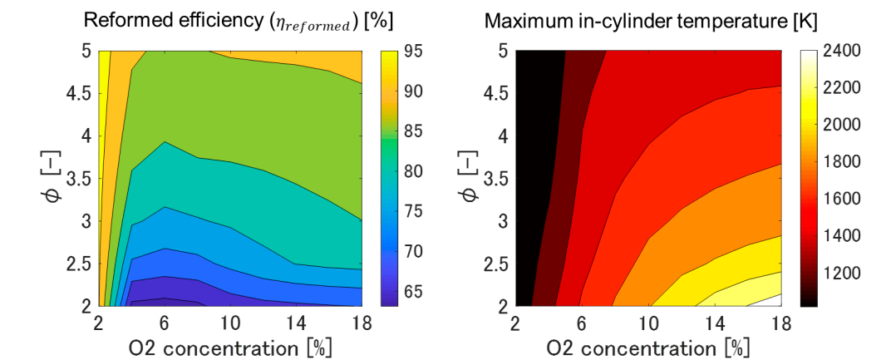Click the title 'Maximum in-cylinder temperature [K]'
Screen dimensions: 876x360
pos(652,22)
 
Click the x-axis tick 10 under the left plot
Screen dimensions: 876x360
pos(230,324)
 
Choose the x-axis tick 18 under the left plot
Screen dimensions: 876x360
pos(362,324)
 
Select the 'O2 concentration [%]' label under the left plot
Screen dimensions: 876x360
pos(230,348)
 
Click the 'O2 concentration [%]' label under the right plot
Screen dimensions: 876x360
pos(648,348)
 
